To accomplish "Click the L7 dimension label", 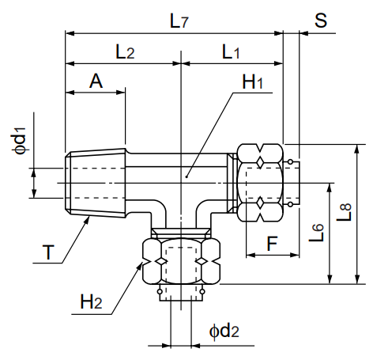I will (180, 21).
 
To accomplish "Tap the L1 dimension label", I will (232, 52).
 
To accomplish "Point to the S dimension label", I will (320, 21).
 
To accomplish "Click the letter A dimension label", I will (96, 81).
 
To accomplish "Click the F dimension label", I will (273, 243).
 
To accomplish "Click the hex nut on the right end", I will (261, 183).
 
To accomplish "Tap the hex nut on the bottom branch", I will (180, 262).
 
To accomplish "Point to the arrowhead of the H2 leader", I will (143, 263).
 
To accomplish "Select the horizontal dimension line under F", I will (273, 255).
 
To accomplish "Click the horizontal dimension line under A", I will (95, 93).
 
